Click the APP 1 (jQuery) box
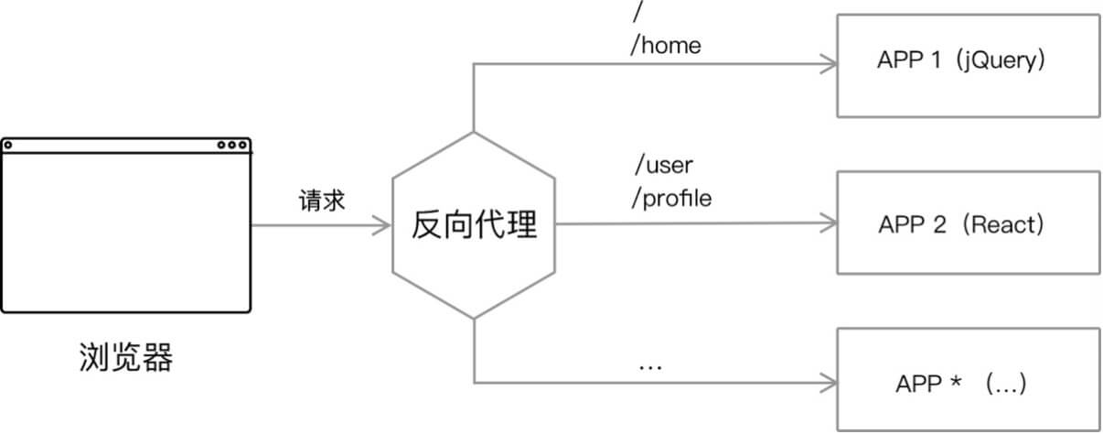[x=968, y=65]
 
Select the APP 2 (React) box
[x=968, y=223]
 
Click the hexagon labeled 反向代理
[x=474, y=225]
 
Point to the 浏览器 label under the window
[x=125, y=358]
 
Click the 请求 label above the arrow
[x=322, y=201]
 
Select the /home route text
[x=665, y=45]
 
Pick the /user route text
[x=664, y=166]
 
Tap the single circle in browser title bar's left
[x=8, y=145]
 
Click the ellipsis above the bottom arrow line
[x=649, y=367]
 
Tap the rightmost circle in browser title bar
[x=242, y=145]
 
